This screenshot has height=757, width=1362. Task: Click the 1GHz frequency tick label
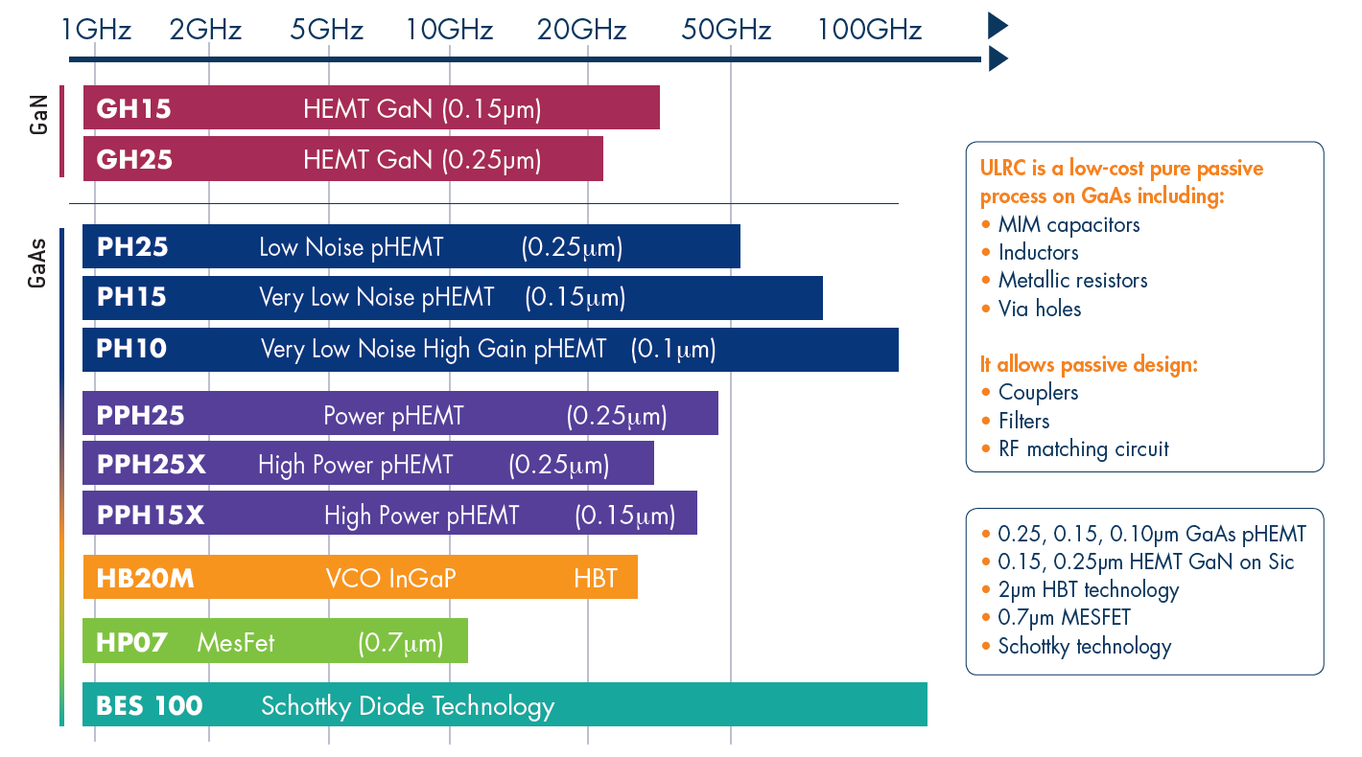(95, 30)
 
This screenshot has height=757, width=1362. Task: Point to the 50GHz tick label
(726, 30)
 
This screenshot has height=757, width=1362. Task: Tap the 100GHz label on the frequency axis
(869, 30)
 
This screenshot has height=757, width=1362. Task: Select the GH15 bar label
(134, 108)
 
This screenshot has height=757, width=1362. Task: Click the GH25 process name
(134, 159)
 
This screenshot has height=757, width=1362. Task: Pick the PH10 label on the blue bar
(131, 349)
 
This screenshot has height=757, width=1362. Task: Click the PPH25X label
(152, 465)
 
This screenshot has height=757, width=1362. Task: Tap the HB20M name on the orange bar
(145, 579)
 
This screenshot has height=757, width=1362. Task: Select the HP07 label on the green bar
(131, 642)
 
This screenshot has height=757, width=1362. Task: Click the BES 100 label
(150, 707)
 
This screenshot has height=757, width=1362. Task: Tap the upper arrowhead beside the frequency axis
(998, 26)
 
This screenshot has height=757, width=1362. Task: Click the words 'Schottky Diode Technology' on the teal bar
(408, 707)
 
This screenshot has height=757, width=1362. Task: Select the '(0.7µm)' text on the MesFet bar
(400, 642)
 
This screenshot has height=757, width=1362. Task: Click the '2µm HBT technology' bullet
(1088, 589)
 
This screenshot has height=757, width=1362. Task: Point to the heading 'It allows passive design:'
(1089, 364)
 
